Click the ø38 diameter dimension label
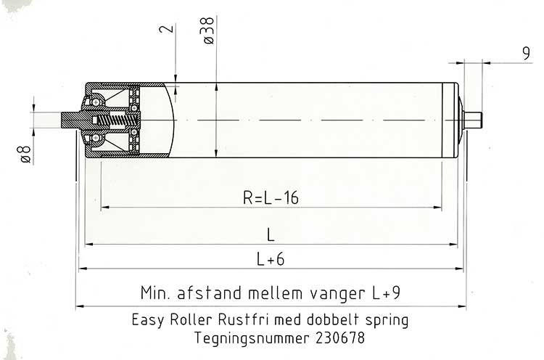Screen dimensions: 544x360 [207, 31]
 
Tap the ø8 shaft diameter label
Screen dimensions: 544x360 [25, 155]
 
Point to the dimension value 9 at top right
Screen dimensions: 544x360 [527, 54]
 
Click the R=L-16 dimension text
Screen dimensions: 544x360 [271, 197]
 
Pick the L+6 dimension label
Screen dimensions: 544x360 [271, 259]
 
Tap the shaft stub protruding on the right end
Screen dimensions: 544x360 [473, 120]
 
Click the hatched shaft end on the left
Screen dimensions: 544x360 [71, 120]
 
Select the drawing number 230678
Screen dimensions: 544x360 [340, 337]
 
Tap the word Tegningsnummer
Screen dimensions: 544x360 [252, 338]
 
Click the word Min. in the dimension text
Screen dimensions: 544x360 [155, 292]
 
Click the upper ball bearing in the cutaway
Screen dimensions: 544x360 [96, 102]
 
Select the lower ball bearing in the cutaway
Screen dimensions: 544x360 [96, 138]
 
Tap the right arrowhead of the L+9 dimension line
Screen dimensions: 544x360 [462, 306]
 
